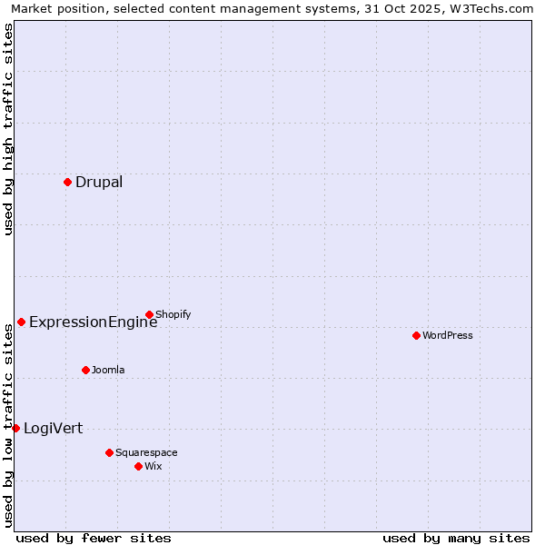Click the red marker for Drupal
(x=67, y=182)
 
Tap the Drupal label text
(x=99, y=182)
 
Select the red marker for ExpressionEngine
(x=21, y=322)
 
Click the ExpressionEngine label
(x=93, y=322)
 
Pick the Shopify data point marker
(x=149, y=314)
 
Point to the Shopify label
(x=173, y=314)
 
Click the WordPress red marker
(x=416, y=335)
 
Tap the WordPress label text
(x=447, y=335)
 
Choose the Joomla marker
(x=85, y=370)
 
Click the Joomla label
(x=108, y=370)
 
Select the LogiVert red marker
(x=15, y=428)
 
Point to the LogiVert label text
(x=53, y=428)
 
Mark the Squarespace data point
(x=109, y=452)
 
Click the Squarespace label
(x=146, y=452)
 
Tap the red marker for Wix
(x=138, y=466)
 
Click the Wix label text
(x=154, y=466)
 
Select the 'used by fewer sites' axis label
(x=94, y=538)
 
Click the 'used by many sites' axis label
(x=456, y=538)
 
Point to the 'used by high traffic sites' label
(x=8, y=129)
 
